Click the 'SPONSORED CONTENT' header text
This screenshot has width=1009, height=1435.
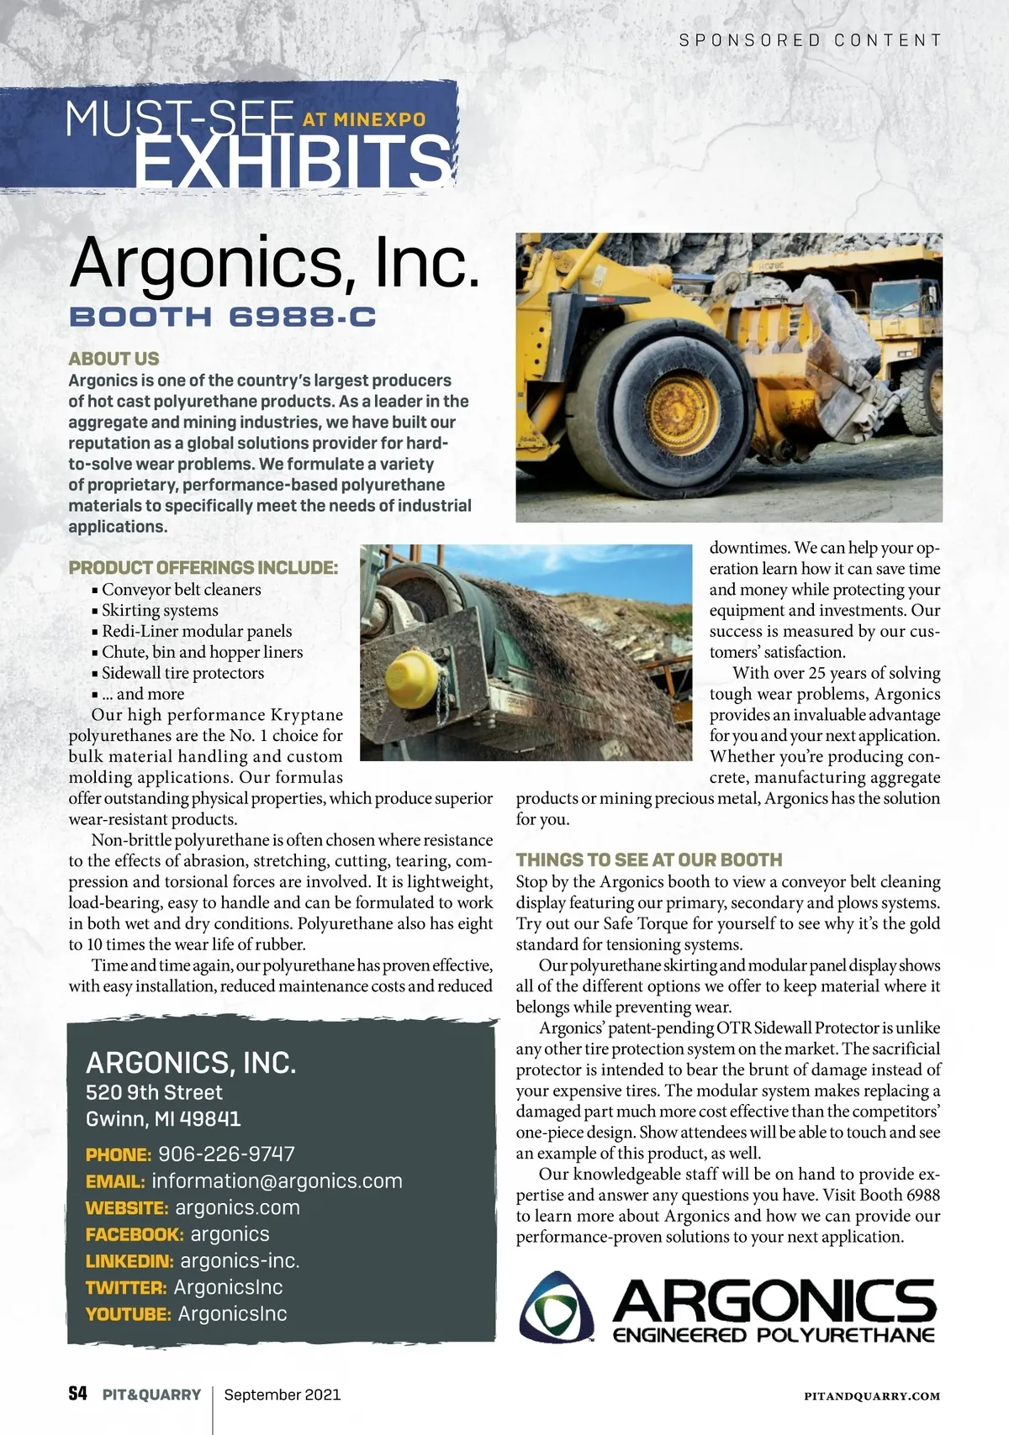tap(810, 40)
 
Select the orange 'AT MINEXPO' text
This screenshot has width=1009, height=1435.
tap(364, 120)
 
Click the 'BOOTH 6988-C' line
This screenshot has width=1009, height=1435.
tap(222, 318)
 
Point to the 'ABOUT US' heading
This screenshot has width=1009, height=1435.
tap(114, 359)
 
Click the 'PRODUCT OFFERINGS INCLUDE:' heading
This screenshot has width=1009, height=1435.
tap(203, 568)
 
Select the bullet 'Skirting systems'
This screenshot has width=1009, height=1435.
tap(160, 611)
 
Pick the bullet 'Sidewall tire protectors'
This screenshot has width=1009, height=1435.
tap(182, 673)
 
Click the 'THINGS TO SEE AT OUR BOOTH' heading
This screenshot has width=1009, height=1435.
tap(649, 859)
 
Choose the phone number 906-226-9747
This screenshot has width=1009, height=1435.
tap(226, 1154)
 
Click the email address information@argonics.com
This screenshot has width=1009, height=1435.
tap(277, 1181)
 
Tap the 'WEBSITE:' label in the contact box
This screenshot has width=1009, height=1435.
tap(127, 1208)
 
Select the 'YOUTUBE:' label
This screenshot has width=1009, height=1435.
tap(129, 1314)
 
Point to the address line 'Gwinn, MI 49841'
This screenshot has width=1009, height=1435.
tap(163, 1119)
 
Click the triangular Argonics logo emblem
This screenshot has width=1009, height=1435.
tap(557, 1307)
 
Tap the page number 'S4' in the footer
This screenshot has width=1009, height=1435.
tap(77, 1395)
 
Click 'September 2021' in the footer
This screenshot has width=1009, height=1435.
tap(283, 1395)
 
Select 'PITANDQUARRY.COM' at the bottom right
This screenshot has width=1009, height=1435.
tap(871, 1396)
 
